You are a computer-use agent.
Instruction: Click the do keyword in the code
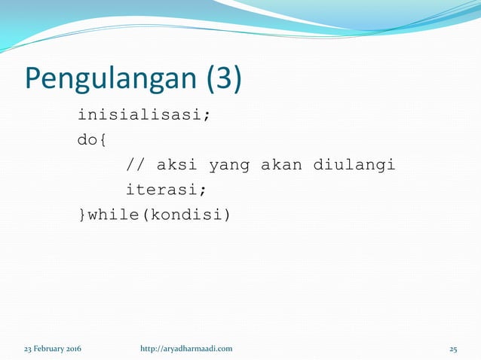coord(87,141)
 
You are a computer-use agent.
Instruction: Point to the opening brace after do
coord(101,141)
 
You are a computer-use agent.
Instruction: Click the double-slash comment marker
coord(135,165)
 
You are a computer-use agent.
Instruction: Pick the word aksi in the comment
coord(178,165)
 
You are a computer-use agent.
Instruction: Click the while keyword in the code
coord(113,215)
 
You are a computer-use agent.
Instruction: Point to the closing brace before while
coord(83,215)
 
